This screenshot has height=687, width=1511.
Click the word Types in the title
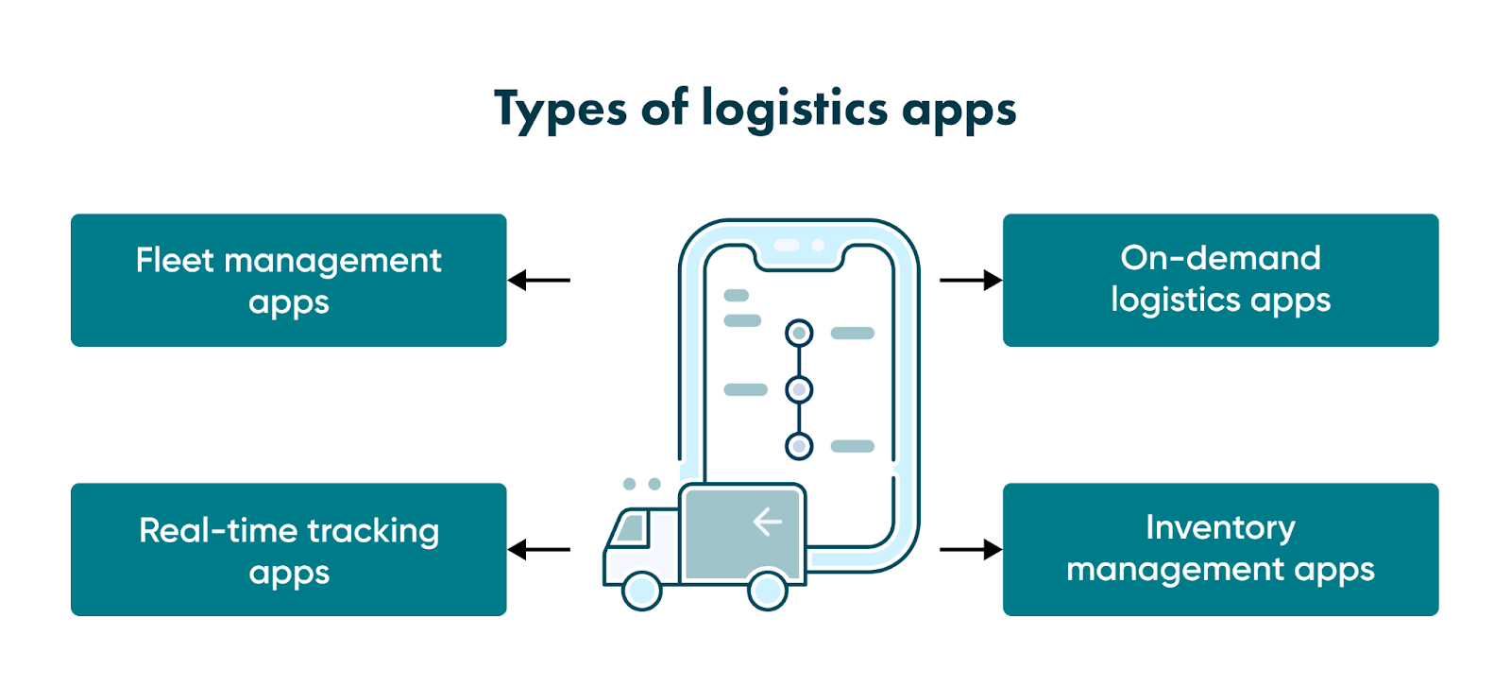[x=559, y=110]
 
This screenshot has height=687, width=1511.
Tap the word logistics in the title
[x=794, y=110]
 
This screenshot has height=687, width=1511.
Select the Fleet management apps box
[x=288, y=280]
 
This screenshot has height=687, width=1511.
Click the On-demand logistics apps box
[x=1220, y=280]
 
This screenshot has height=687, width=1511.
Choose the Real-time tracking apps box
[x=288, y=549]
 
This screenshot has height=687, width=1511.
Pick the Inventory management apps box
[x=1220, y=549]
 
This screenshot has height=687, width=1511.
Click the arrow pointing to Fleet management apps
[x=539, y=280]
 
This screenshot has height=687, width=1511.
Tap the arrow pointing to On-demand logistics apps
[x=971, y=280]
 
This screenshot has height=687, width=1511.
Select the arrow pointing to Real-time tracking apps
[x=539, y=549]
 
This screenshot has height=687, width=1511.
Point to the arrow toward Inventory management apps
[x=971, y=549]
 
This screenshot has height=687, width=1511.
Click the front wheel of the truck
[x=642, y=591]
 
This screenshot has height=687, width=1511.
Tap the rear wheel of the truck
[x=768, y=591]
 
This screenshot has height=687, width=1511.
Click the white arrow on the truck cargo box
[x=767, y=522]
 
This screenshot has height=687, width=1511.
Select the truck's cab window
[x=630, y=529]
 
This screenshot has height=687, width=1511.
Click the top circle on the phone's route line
[x=799, y=333]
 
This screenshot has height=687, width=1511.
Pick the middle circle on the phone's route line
[x=799, y=389]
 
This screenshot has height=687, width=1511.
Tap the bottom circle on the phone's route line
[x=799, y=446]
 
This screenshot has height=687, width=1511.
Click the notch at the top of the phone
[x=799, y=248]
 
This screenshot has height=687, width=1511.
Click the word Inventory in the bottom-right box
[x=1220, y=527]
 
